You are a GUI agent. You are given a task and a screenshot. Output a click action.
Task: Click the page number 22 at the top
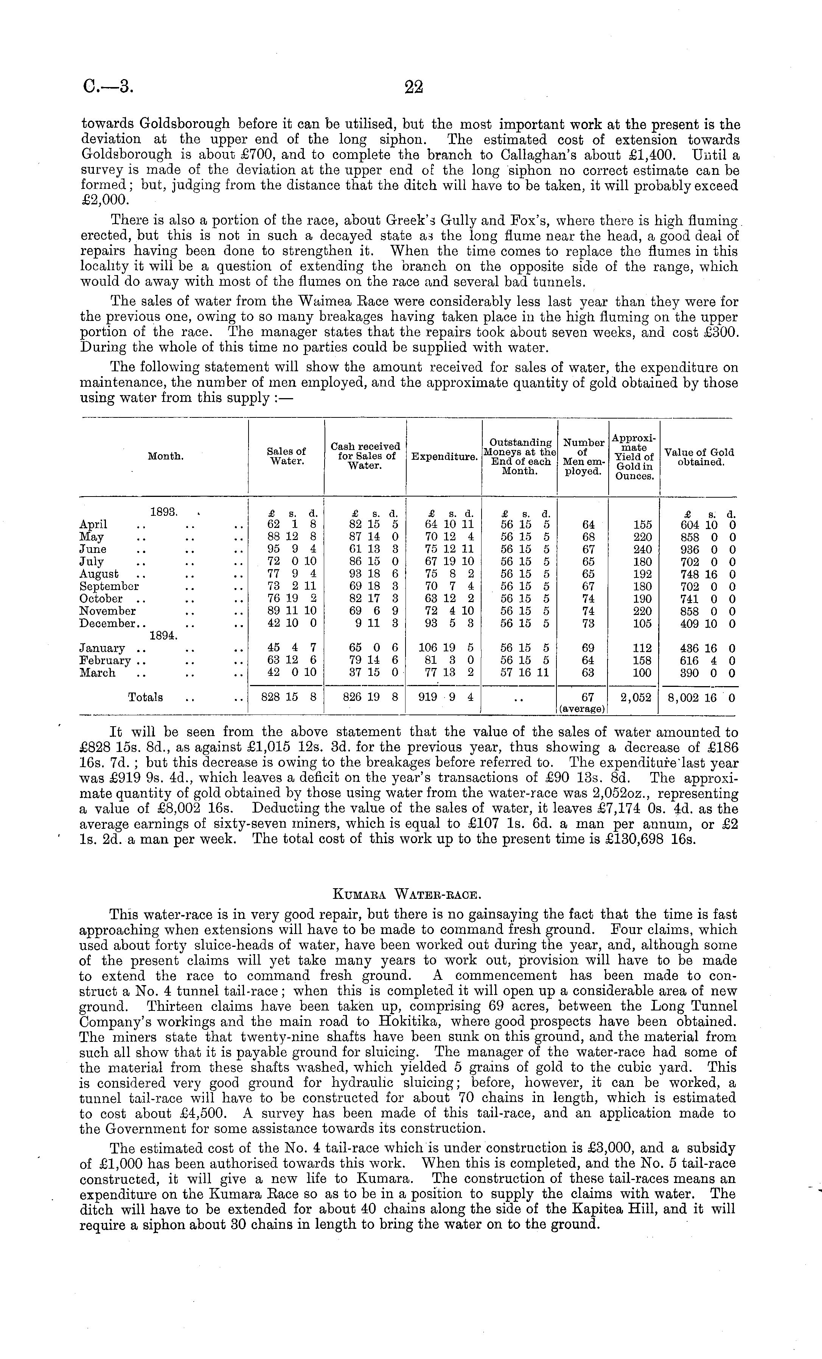[413, 87]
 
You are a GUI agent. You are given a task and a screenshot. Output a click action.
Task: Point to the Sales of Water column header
[286, 456]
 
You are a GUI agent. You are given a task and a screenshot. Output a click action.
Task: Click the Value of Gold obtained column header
[699, 457]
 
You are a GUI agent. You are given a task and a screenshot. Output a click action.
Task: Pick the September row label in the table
[109, 586]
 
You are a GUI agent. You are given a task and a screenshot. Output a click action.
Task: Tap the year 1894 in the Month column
[163, 636]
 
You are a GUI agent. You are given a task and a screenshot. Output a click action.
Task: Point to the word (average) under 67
[583, 709]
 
